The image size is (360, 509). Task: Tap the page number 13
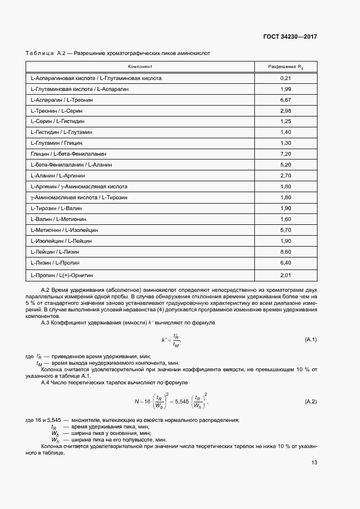(x=314, y=463)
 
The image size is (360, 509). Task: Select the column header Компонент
(x=140, y=66)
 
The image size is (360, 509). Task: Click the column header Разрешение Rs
(x=286, y=66)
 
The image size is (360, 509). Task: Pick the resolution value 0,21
(x=286, y=78)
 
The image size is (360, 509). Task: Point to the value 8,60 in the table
(x=286, y=252)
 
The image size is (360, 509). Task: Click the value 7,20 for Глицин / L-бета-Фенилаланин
(x=286, y=154)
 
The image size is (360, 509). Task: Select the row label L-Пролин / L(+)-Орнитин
(x=63, y=275)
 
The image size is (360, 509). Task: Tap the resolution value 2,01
(x=286, y=275)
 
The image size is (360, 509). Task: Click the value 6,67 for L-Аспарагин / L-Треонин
(x=286, y=100)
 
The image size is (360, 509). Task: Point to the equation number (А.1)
(x=311, y=340)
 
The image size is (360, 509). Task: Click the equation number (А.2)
(x=311, y=402)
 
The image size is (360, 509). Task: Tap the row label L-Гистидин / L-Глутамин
(x=62, y=132)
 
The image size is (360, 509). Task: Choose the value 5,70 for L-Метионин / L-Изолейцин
(x=286, y=230)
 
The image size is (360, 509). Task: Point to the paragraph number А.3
(x=46, y=323)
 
